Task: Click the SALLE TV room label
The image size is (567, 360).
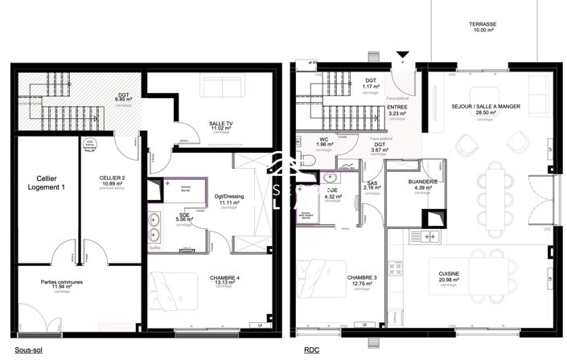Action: (222, 123)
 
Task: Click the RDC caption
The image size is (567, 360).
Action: (311, 351)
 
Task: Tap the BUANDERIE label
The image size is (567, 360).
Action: (421, 182)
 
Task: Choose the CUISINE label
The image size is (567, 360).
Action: (449, 274)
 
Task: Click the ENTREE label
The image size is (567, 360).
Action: (397, 107)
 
